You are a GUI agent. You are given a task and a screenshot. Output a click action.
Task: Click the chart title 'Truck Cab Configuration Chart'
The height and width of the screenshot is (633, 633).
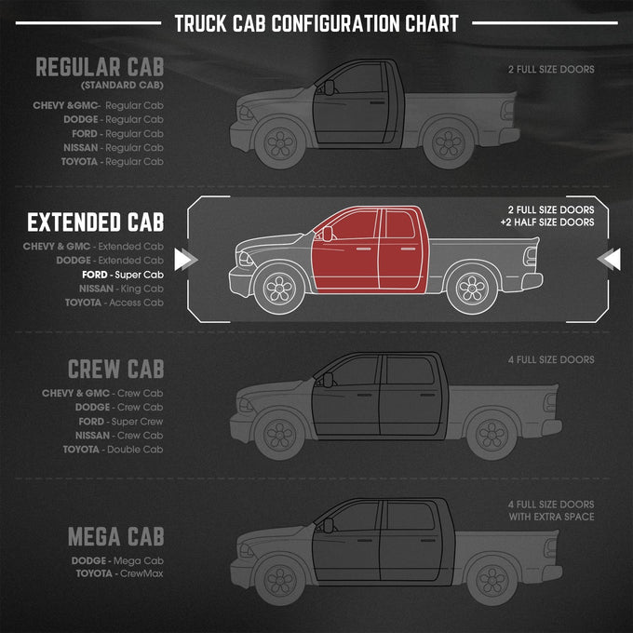[x=316, y=23]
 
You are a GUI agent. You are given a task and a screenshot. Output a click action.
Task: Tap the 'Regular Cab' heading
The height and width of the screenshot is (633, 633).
[x=100, y=67]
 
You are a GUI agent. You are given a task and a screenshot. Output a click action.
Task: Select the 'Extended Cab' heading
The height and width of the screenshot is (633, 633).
[x=95, y=222]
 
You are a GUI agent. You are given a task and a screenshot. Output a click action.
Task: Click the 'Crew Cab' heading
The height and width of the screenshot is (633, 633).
[x=115, y=369]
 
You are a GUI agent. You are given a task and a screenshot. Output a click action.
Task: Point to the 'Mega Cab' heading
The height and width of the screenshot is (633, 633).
[x=115, y=536]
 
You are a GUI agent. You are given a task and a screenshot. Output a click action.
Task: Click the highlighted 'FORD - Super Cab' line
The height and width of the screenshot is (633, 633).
[x=123, y=275]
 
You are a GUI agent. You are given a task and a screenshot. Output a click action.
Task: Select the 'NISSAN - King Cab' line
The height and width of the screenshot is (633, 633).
[x=121, y=289]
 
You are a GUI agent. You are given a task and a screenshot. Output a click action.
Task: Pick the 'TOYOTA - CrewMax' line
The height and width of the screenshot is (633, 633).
[x=119, y=573]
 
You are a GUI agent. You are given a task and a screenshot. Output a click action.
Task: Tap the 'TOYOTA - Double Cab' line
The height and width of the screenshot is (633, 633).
[x=113, y=450]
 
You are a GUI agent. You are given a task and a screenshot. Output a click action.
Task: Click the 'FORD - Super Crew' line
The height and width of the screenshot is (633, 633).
[x=121, y=422]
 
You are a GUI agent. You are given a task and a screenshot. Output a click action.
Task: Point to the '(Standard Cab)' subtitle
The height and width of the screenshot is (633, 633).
[x=122, y=86]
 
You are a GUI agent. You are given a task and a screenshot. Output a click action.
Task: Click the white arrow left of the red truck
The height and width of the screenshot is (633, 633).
[x=185, y=259]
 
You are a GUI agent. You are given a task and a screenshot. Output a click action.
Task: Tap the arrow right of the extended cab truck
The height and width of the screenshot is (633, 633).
[x=609, y=259]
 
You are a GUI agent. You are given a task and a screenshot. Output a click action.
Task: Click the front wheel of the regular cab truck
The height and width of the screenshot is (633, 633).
[x=280, y=143]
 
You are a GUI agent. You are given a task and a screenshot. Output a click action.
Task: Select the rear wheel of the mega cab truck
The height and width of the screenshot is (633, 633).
[x=492, y=581]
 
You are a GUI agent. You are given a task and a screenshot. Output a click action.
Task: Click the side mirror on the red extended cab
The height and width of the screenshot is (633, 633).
[x=327, y=234]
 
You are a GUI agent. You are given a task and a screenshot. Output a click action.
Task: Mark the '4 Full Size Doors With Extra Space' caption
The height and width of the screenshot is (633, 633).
[x=551, y=511]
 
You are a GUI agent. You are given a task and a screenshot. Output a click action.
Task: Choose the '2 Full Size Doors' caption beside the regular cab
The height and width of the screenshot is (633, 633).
[x=551, y=70]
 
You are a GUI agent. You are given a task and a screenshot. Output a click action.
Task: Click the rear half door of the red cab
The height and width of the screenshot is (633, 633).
[x=401, y=249]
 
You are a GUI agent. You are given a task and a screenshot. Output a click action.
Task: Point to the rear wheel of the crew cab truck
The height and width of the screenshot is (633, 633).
[x=492, y=435]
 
